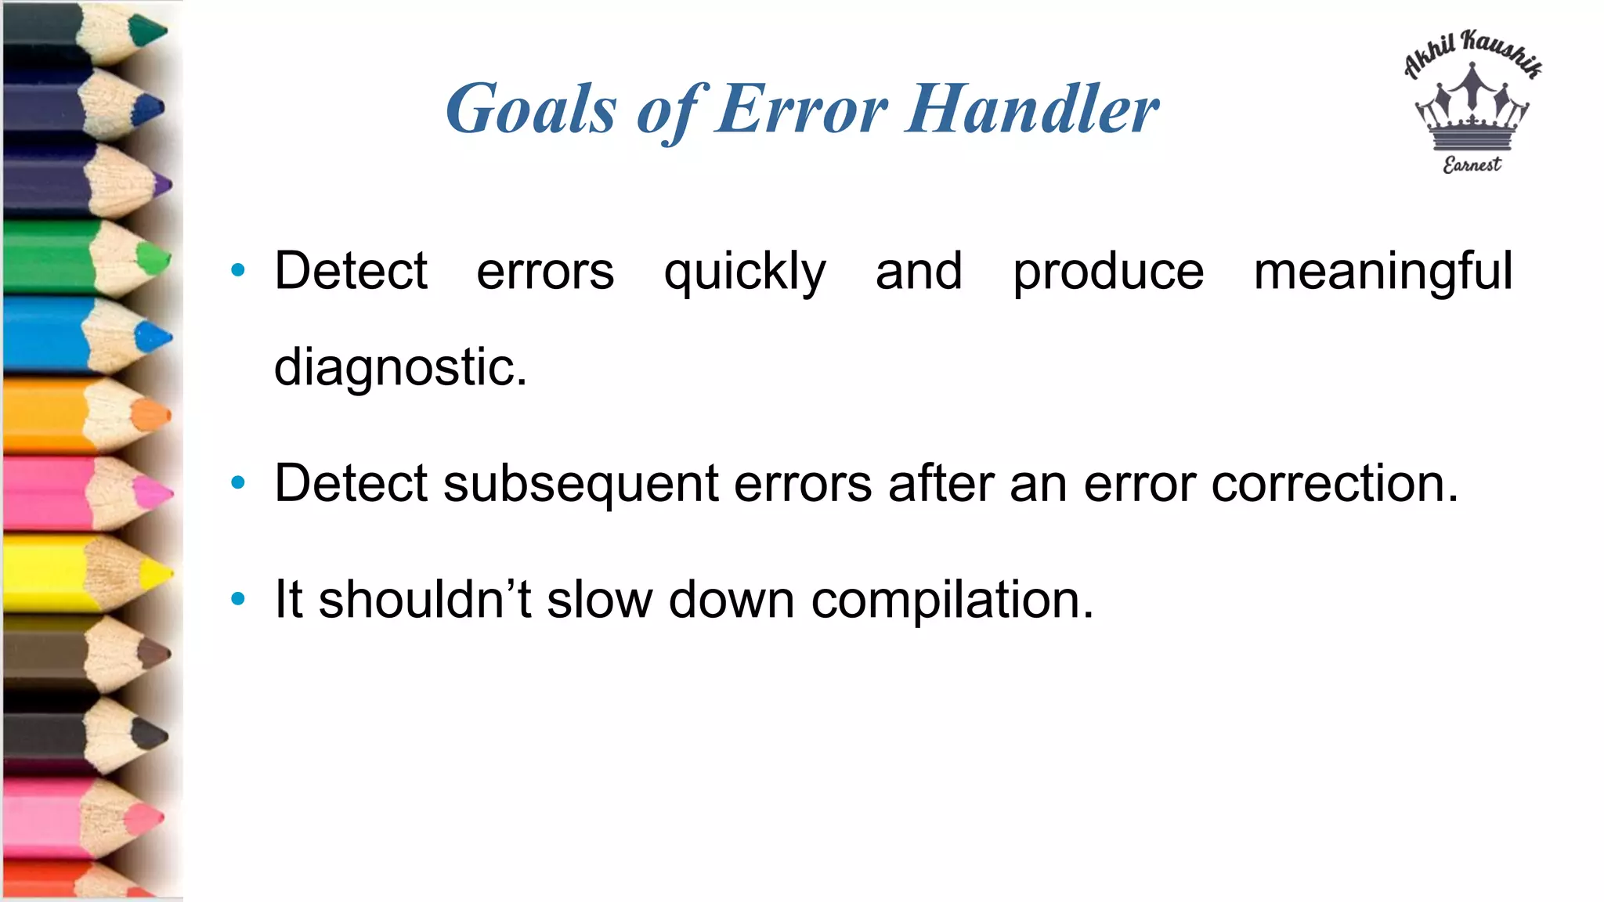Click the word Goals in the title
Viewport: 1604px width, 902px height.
(531, 110)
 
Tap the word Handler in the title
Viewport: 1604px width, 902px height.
(1032, 110)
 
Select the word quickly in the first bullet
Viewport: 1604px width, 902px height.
(745, 272)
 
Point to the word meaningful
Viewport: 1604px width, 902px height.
(1383, 272)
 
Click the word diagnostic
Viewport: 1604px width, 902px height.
(400, 367)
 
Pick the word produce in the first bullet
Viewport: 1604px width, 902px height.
(1108, 272)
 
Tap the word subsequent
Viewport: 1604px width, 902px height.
(580, 484)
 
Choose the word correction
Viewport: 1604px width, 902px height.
(1335, 484)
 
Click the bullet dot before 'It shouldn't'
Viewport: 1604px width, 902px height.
(238, 600)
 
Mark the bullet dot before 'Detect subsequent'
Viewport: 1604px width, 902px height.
(238, 482)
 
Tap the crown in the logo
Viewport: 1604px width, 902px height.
(1472, 110)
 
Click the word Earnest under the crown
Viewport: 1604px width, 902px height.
(1472, 164)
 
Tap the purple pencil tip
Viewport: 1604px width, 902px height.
(162, 186)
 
